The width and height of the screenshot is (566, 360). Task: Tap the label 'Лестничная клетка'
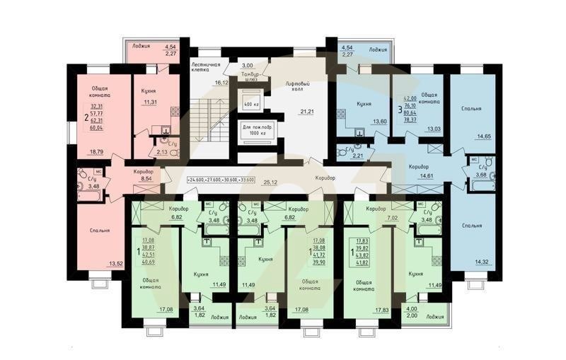coord(206,68)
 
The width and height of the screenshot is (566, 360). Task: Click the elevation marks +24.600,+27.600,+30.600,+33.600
coord(222,180)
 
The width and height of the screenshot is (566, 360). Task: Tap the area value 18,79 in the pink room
coord(95,151)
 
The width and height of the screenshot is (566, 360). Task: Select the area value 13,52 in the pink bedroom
coord(115,264)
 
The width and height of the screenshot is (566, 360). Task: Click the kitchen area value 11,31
coord(151,103)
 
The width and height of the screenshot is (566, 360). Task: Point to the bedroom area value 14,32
coord(483,262)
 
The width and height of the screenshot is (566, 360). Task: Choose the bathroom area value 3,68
coord(481,175)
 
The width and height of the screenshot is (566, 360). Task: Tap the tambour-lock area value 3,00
coord(247,64)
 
